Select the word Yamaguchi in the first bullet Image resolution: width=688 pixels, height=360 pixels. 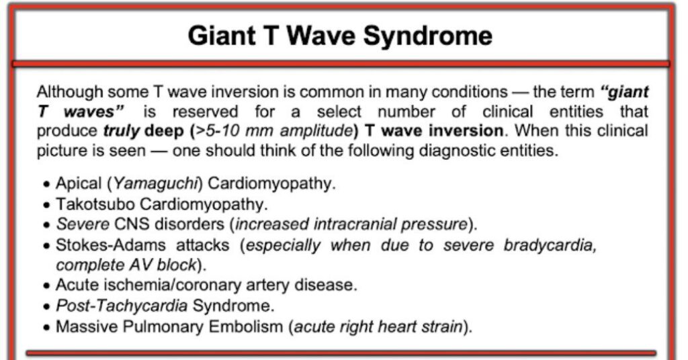(x=155, y=184)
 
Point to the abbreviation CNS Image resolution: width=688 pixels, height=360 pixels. (x=131, y=224)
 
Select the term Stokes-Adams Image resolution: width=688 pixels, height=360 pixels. (x=111, y=244)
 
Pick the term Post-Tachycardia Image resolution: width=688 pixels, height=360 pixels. (x=122, y=306)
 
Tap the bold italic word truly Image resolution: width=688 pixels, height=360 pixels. (x=121, y=131)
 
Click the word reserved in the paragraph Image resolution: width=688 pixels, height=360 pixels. (x=206, y=111)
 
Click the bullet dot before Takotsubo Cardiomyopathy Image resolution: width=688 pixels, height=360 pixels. (x=47, y=206)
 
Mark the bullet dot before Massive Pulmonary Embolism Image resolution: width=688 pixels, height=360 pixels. (x=47, y=328)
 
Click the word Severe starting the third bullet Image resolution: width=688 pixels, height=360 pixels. (x=83, y=224)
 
